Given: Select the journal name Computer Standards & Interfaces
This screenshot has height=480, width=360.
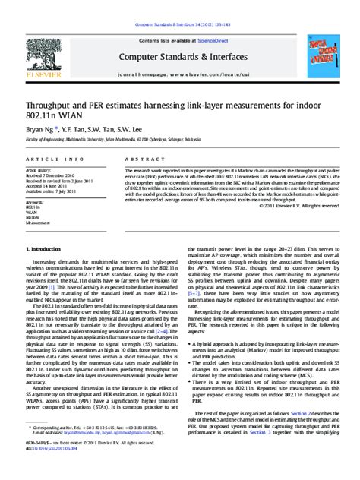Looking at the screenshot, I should (x=180, y=57).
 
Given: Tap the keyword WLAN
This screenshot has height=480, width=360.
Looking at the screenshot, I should (x=33, y=216).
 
